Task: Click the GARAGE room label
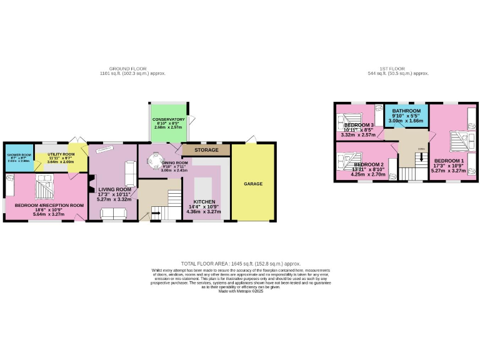pyautogui.click(x=252, y=184)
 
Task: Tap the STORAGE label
pyautogui.click(x=207, y=150)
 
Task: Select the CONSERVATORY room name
pyautogui.click(x=168, y=119)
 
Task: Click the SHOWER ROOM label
pyautogui.click(x=18, y=154)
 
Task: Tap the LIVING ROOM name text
pyautogui.click(x=114, y=189)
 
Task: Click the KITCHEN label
pyautogui.click(x=204, y=202)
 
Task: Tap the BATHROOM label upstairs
pyautogui.click(x=406, y=111)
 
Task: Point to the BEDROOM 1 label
pyautogui.click(x=448, y=161)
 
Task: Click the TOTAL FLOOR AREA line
pyautogui.click(x=241, y=264)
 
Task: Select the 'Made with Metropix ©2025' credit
pyautogui.click(x=241, y=291)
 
